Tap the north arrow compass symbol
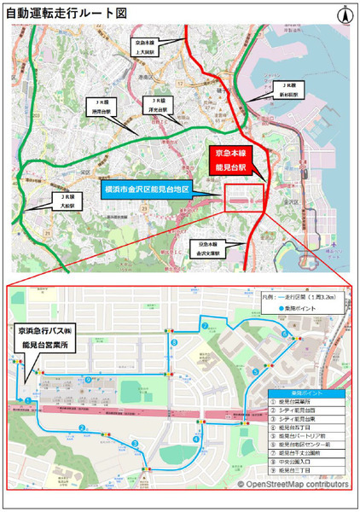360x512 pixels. pos(345,14)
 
